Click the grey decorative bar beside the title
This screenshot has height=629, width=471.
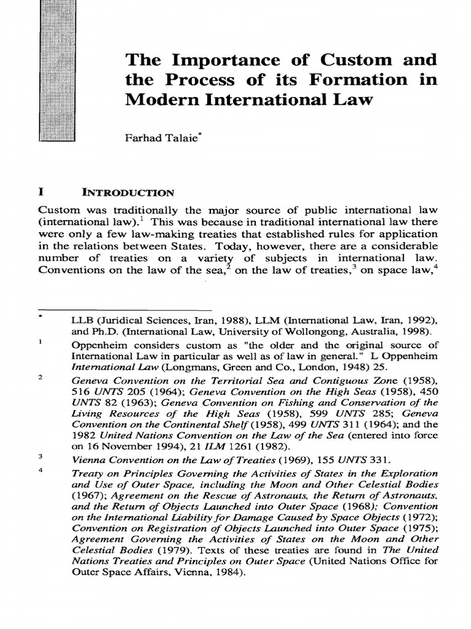56,71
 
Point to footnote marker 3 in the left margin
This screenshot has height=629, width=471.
40,456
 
